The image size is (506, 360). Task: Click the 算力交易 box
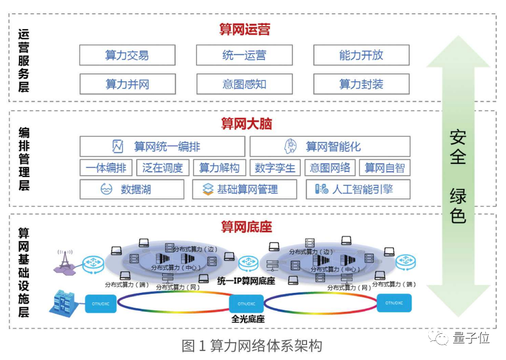point(127,55)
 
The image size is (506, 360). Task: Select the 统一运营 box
point(244,55)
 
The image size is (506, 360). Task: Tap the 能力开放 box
point(361,55)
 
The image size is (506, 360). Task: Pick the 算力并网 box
point(127,84)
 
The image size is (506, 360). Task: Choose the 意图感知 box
point(244,84)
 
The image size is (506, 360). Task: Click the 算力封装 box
point(361,84)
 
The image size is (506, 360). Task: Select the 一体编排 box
point(106,168)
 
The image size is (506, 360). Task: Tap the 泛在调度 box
point(163,168)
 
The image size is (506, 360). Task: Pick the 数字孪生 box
point(275,168)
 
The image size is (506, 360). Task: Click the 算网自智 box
point(384,168)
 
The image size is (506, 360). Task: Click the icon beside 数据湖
point(106,190)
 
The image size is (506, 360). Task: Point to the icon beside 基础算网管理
point(208,190)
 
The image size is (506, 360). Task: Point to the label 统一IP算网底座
point(246,280)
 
